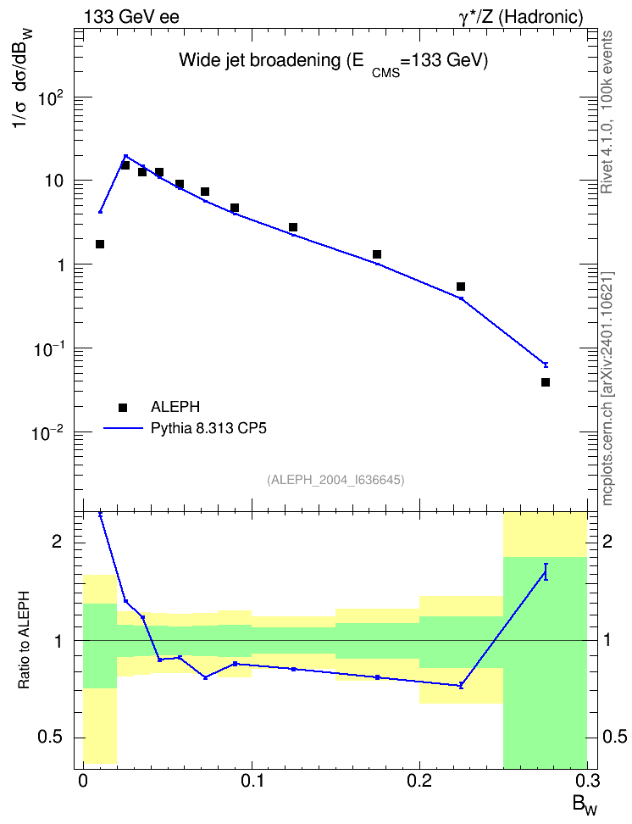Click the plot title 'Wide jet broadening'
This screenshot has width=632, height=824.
(259, 60)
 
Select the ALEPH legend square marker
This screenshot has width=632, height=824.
(123, 407)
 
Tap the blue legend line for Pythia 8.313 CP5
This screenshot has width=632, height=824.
(123, 428)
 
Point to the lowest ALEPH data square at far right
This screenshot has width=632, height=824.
(546, 382)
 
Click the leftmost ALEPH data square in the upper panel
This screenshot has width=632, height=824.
(100, 244)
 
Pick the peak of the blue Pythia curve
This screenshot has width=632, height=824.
(125, 155)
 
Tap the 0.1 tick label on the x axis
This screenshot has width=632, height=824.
(252, 780)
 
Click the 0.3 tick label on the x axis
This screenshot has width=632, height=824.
(588, 780)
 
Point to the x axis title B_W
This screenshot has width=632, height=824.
(585, 805)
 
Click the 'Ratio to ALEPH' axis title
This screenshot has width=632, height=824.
(24, 640)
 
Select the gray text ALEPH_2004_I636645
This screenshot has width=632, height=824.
(335, 480)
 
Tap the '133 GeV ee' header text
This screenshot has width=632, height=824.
(131, 17)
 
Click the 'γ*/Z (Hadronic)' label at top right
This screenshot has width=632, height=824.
(521, 17)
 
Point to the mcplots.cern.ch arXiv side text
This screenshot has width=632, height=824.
(607, 389)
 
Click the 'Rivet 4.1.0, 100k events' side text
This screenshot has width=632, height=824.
(607, 112)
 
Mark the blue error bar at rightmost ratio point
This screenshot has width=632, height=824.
(546, 571)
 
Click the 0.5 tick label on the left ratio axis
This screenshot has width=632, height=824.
(51, 737)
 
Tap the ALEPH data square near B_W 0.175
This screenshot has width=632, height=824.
(377, 254)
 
